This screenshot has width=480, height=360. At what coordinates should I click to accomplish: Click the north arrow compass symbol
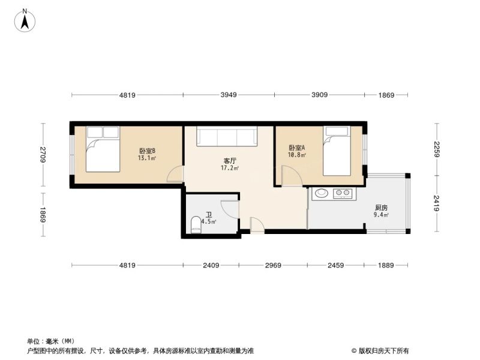[25, 20]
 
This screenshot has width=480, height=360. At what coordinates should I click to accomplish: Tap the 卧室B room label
[147, 151]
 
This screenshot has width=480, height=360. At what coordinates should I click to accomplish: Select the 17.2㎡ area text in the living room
[230, 168]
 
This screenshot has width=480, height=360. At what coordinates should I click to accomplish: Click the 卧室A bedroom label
[296, 148]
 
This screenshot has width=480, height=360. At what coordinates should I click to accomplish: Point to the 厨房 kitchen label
[381, 208]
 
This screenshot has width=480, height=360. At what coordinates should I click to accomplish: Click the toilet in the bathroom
[196, 225]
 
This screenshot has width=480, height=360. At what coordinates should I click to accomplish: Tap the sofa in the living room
[227, 136]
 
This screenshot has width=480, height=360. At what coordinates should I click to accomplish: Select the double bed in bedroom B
[103, 149]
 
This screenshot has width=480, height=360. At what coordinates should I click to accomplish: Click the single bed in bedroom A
[337, 151]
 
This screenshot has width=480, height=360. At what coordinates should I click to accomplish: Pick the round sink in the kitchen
[322, 193]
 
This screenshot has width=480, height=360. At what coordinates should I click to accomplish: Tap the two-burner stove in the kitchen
[343, 193]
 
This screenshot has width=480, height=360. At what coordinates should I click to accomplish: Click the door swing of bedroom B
[175, 174]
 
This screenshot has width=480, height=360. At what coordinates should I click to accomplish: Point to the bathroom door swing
[230, 209]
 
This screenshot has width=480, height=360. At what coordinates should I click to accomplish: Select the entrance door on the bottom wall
[257, 226]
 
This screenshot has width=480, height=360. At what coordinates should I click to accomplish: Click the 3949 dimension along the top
[229, 95]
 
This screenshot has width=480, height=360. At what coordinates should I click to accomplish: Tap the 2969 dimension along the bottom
[273, 265]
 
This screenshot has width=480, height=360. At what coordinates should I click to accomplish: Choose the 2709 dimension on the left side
[43, 155]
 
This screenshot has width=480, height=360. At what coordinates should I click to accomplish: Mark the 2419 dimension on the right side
[437, 203]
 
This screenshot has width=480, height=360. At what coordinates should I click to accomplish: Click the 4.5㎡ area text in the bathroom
[209, 221]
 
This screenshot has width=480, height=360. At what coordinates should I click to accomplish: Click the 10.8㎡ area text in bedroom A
[297, 155]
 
